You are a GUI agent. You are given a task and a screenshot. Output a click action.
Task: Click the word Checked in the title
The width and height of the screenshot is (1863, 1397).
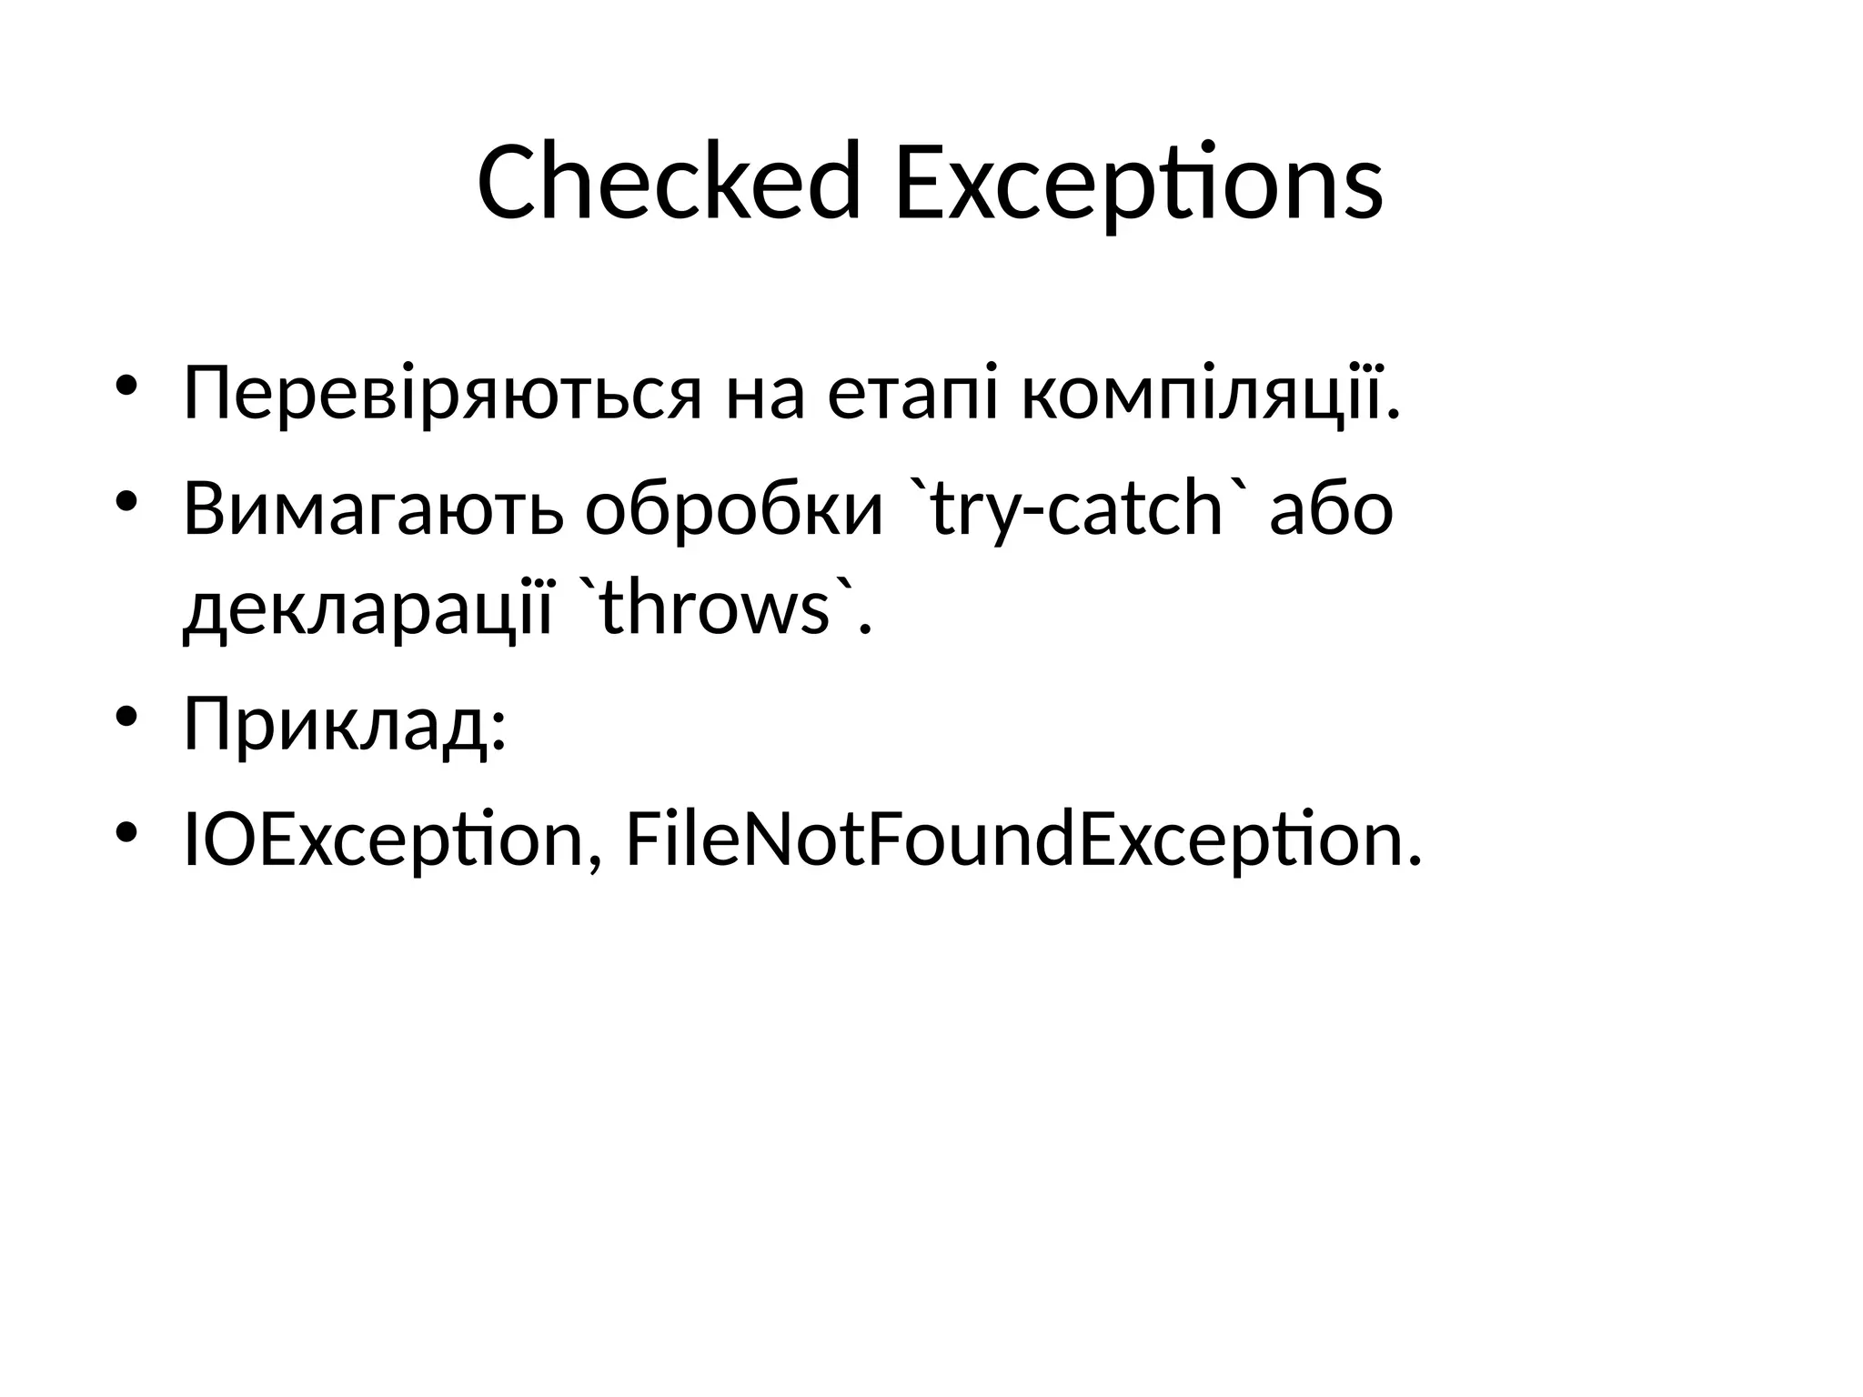(x=669, y=183)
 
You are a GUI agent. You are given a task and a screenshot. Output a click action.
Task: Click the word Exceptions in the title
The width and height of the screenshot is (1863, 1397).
(x=1138, y=183)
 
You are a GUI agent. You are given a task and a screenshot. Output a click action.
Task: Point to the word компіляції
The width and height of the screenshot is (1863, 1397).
(x=1210, y=395)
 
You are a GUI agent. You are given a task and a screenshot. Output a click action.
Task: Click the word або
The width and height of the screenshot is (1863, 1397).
(x=1332, y=508)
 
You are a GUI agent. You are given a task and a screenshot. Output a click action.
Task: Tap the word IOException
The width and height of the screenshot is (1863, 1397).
(x=382, y=839)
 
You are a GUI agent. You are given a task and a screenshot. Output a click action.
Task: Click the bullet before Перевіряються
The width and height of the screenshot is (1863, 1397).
(x=126, y=387)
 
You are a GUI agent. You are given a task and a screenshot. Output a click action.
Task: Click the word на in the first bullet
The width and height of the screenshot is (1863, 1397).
(x=765, y=395)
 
